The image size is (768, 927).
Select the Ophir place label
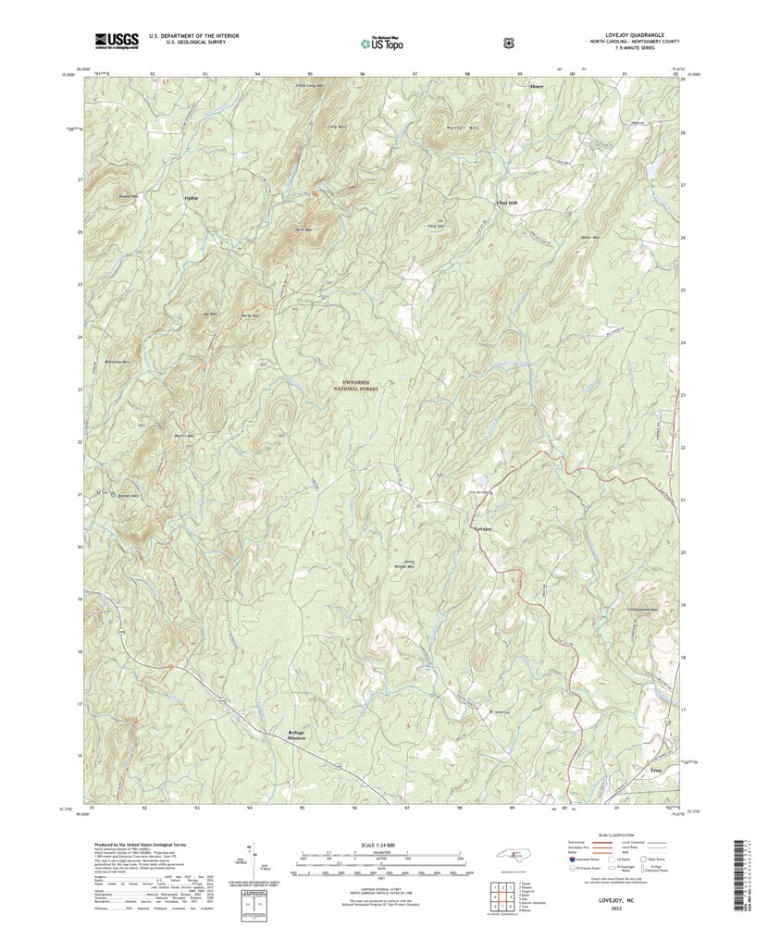[x=192, y=198]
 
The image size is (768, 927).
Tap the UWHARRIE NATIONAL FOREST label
[x=356, y=387]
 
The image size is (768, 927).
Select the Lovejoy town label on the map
[x=482, y=528]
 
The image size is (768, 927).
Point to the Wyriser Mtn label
[x=434, y=128]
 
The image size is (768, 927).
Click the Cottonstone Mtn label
[x=642, y=610]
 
